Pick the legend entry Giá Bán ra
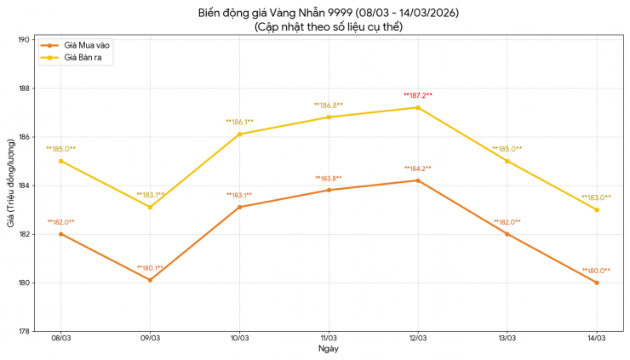pos(82,57)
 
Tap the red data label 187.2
pos(417,95)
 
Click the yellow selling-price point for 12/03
pos(417,107)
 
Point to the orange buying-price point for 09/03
pos(150,280)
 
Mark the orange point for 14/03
pos(596,283)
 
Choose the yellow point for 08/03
pos(60,161)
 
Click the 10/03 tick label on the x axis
pos(239,339)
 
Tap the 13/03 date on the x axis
pos(507,339)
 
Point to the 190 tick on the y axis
pos(24,40)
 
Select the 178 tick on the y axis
pos(24,331)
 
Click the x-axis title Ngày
pos(329,350)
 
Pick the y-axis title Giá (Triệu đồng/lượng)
pos(9,186)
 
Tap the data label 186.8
pos(328,106)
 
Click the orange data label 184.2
pos(417,169)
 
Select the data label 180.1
pos(150,268)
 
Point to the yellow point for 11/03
pos(329,117)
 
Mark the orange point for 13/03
pos(507,234)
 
